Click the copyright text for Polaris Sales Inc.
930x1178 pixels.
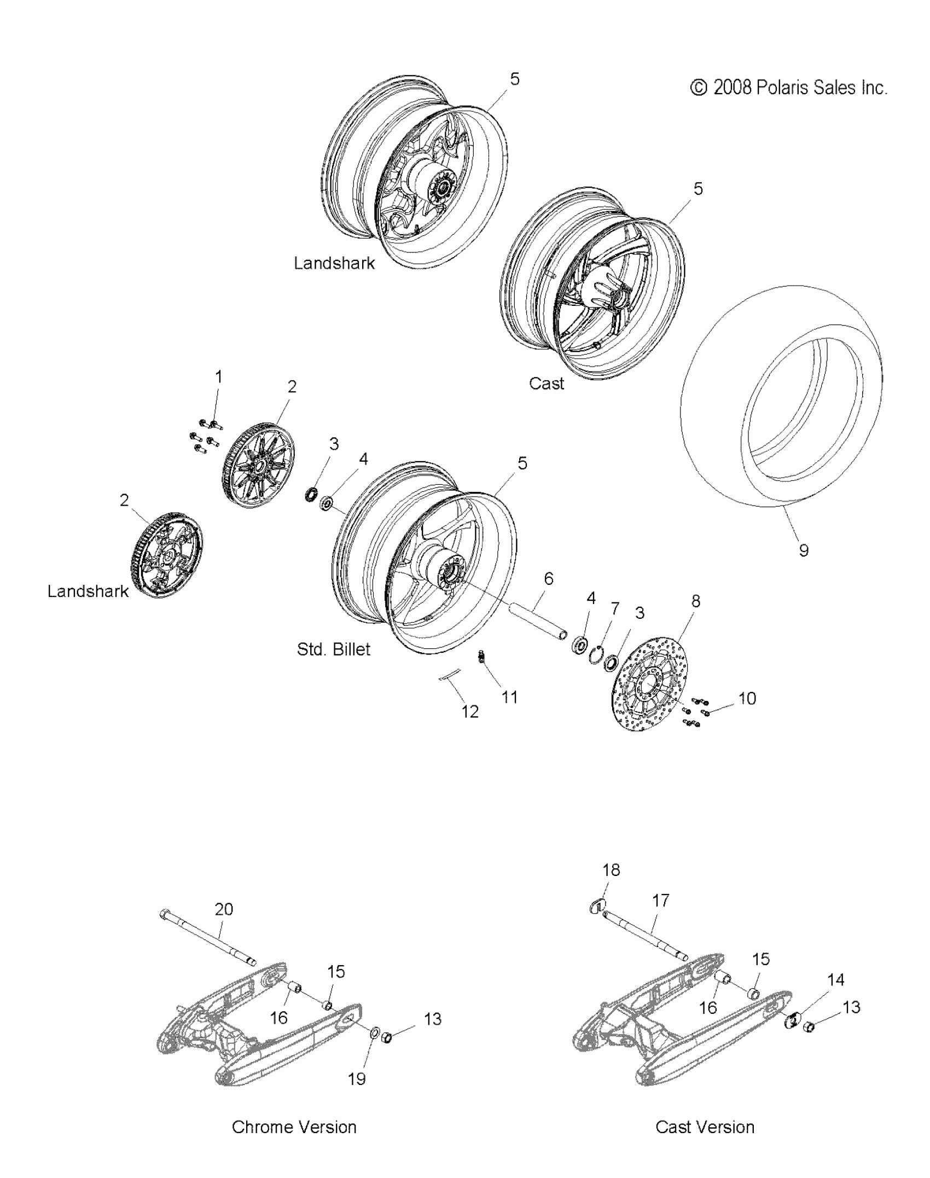coord(788,88)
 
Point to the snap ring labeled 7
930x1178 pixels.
coord(600,654)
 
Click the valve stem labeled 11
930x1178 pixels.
coord(482,656)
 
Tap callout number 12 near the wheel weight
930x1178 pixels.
coord(469,711)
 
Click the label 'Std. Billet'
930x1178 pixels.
coord(333,649)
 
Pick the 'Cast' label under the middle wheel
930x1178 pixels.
coord(546,384)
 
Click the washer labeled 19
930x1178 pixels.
coord(375,1033)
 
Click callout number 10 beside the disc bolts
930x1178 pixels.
coord(747,699)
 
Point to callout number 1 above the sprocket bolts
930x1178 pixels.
coord(219,377)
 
